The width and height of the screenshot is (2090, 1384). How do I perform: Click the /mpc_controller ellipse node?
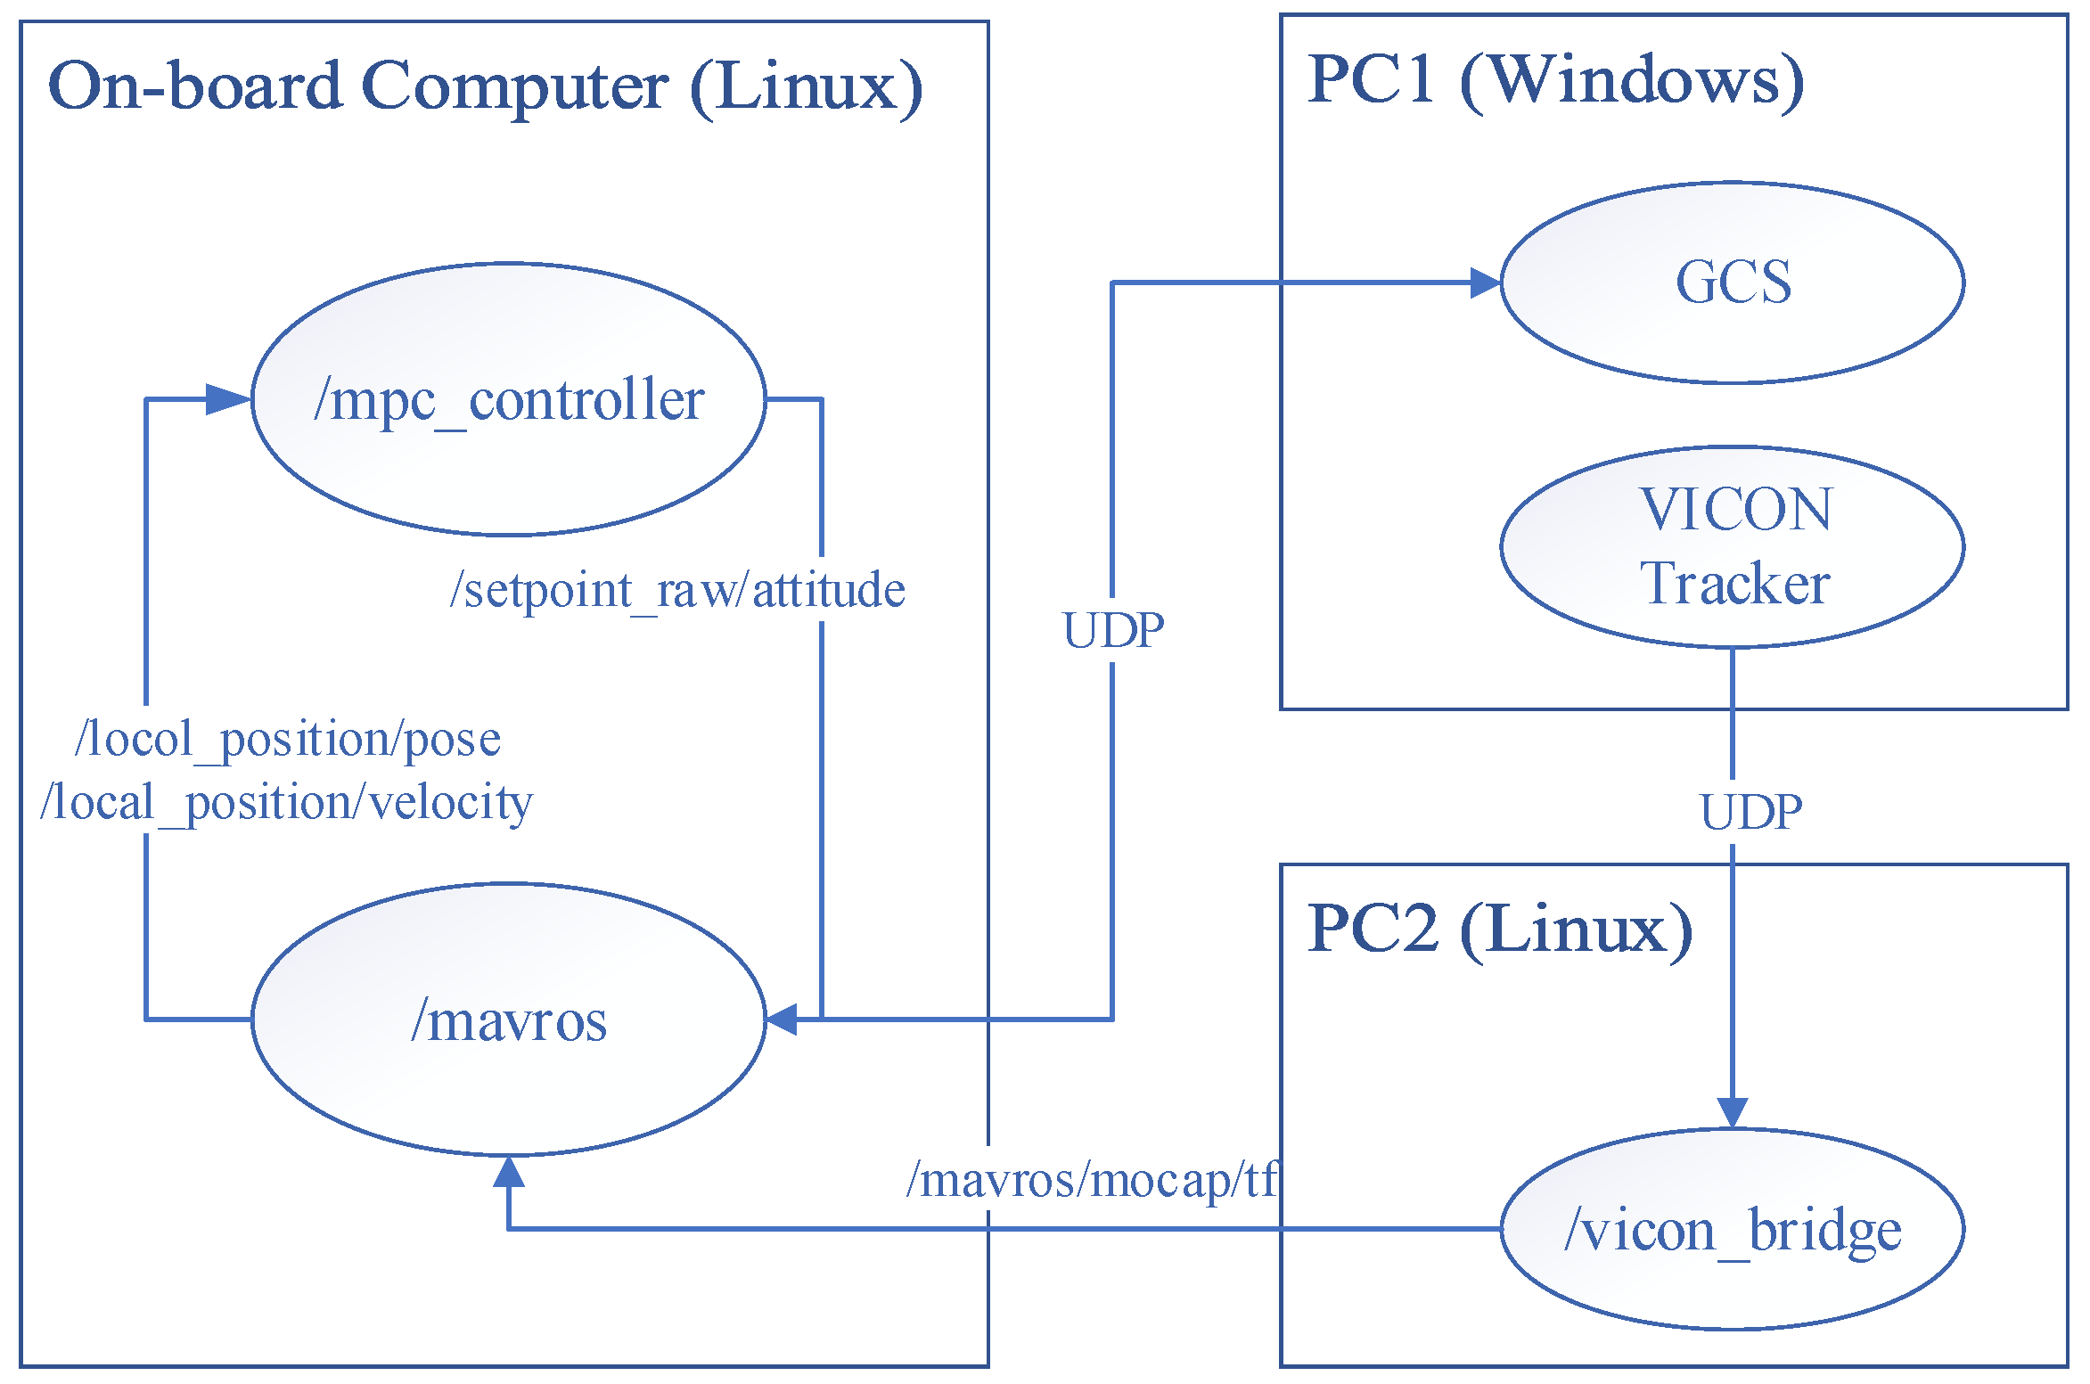coord(508,399)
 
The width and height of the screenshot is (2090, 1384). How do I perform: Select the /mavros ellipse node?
coord(508,1020)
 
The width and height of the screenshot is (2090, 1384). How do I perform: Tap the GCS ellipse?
coord(1732,283)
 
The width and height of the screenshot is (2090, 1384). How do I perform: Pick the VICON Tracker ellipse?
coord(1732,546)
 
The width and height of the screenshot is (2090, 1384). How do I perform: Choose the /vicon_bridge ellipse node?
coord(1732,1230)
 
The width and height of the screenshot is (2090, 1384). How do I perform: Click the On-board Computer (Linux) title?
coord(485,86)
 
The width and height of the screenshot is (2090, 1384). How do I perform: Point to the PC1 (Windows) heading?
coord(1555,79)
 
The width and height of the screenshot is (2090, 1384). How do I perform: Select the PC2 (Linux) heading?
coord(1500,929)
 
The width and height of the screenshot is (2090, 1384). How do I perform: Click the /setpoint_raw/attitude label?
coord(677,590)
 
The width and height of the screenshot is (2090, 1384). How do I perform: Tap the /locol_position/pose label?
coord(288,739)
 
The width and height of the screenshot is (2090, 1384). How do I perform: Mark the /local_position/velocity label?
coord(286,802)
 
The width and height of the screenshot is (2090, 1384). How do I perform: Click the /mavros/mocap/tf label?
coord(1092,1180)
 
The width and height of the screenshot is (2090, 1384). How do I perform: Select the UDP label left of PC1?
coord(1113,631)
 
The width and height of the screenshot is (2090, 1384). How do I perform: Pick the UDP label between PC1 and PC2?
coord(1751,812)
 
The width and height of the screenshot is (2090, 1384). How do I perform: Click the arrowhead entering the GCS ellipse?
coord(1485,283)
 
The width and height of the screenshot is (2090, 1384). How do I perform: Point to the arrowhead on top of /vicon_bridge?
coord(1732,1114)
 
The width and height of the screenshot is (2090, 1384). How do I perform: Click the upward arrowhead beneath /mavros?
coord(508,1172)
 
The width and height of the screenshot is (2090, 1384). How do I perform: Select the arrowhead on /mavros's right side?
coord(782,1020)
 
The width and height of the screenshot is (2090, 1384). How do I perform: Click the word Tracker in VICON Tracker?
coord(1734,584)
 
